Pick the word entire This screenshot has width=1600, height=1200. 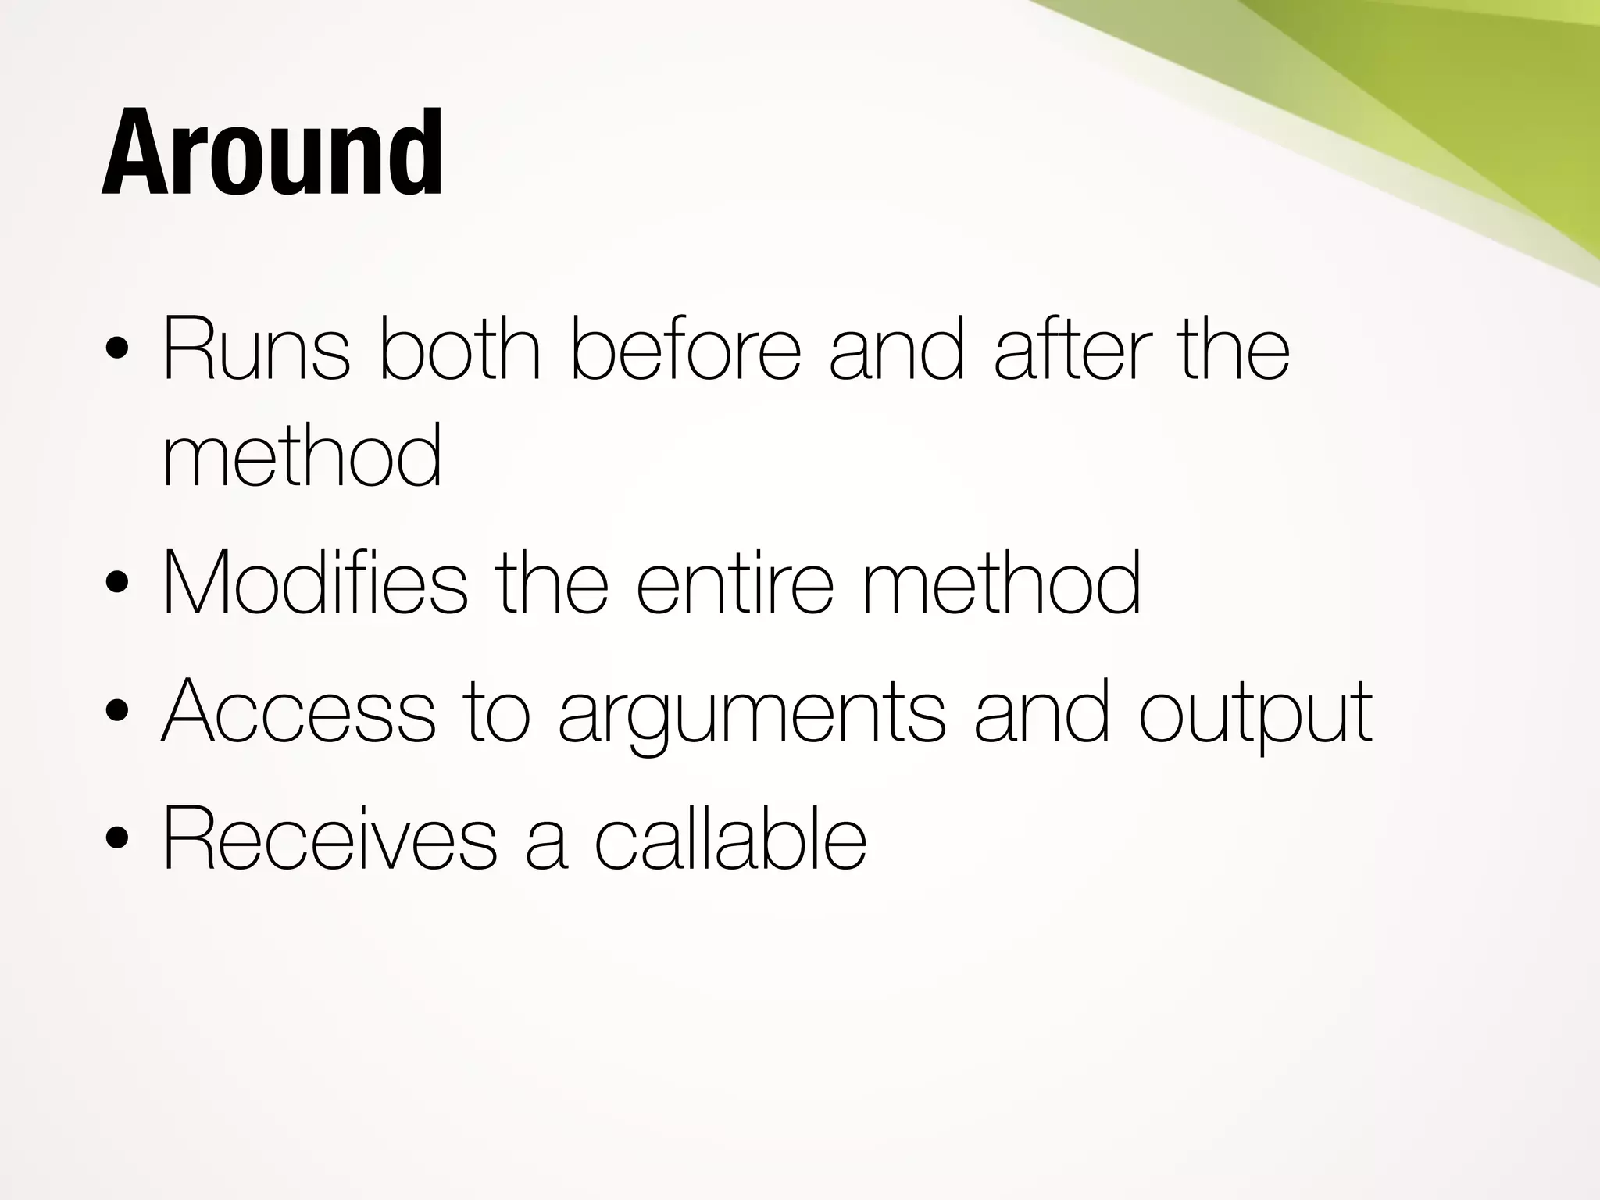click(x=734, y=582)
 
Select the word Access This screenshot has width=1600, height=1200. click(x=298, y=711)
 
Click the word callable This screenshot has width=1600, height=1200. click(x=730, y=838)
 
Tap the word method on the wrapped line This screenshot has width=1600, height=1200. click(x=302, y=455)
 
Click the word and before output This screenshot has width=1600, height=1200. click(x=1041, y=711)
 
